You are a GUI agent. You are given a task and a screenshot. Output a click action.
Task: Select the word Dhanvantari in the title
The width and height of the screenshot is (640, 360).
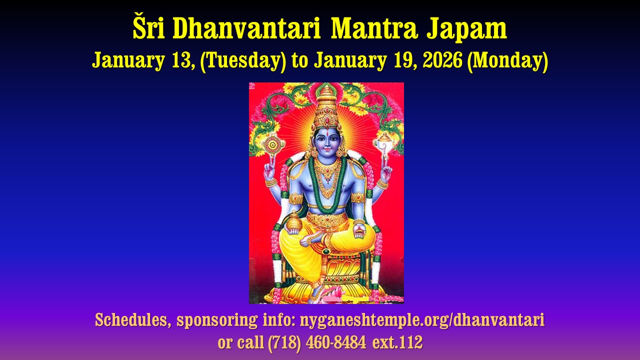pyautogui.click(x=246, y=28)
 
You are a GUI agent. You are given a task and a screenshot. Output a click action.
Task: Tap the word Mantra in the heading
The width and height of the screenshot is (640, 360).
pyautogui.click(x=374, y=29)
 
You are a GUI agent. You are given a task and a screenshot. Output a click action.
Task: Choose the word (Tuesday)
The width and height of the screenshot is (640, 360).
pyautogui.click(x=243, y=61)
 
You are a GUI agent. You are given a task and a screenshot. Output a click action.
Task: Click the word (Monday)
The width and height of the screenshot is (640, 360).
pyautogui.click(x=507, y=61)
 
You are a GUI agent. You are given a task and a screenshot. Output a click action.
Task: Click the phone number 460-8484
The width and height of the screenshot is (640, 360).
pyautogui.click(x=336, y=342)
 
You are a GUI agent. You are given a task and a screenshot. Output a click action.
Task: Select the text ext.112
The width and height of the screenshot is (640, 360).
pyautogui.click(x=397, y=342)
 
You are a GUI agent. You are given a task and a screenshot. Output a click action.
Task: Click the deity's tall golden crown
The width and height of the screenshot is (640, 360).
pyautogui.click(x=326, y=107)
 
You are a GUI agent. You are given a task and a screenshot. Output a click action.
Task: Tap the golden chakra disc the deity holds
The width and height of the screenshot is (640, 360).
pyautogui.click(x=273, y=145)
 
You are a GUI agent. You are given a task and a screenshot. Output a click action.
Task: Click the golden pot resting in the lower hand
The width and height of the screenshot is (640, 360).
pyautogui.click(x=294, y=221)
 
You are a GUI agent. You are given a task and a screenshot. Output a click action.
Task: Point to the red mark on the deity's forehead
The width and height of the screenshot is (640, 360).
pyautogui.click(x=326, y=133)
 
